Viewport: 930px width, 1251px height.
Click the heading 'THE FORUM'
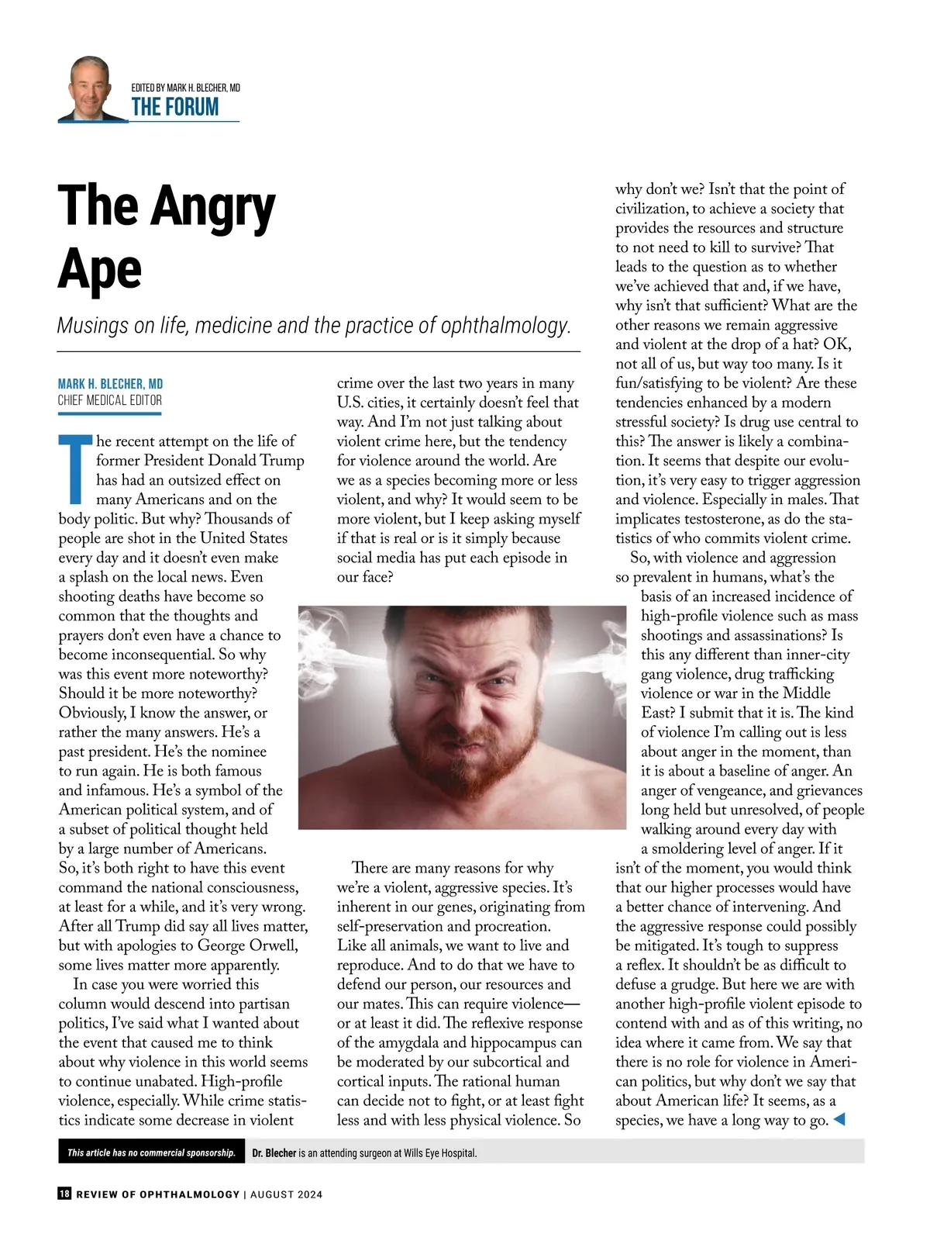coord(175,107)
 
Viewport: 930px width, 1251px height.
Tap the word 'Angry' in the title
coord(213,207)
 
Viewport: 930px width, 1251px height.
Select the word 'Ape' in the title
coord(100,270)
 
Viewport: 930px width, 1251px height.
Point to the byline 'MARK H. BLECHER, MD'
coord(110,384)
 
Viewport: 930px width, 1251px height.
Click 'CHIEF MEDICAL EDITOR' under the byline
coord(110,400)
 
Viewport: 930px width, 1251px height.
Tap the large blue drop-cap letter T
coord(75,470)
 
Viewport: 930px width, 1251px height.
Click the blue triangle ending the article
coord(838,1119)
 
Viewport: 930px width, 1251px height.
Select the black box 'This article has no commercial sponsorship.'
coord(151,1153)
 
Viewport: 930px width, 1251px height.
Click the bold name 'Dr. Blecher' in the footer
coord(274,1153)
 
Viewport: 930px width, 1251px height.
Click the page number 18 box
coord(64,1194)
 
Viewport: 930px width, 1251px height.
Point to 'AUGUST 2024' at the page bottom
coord(286,1194)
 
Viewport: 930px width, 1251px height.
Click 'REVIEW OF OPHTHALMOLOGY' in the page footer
coord(158,1194)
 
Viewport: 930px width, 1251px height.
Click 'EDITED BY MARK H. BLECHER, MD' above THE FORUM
coord(186,88)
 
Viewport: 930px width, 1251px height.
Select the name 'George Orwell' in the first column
coord(247,945)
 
